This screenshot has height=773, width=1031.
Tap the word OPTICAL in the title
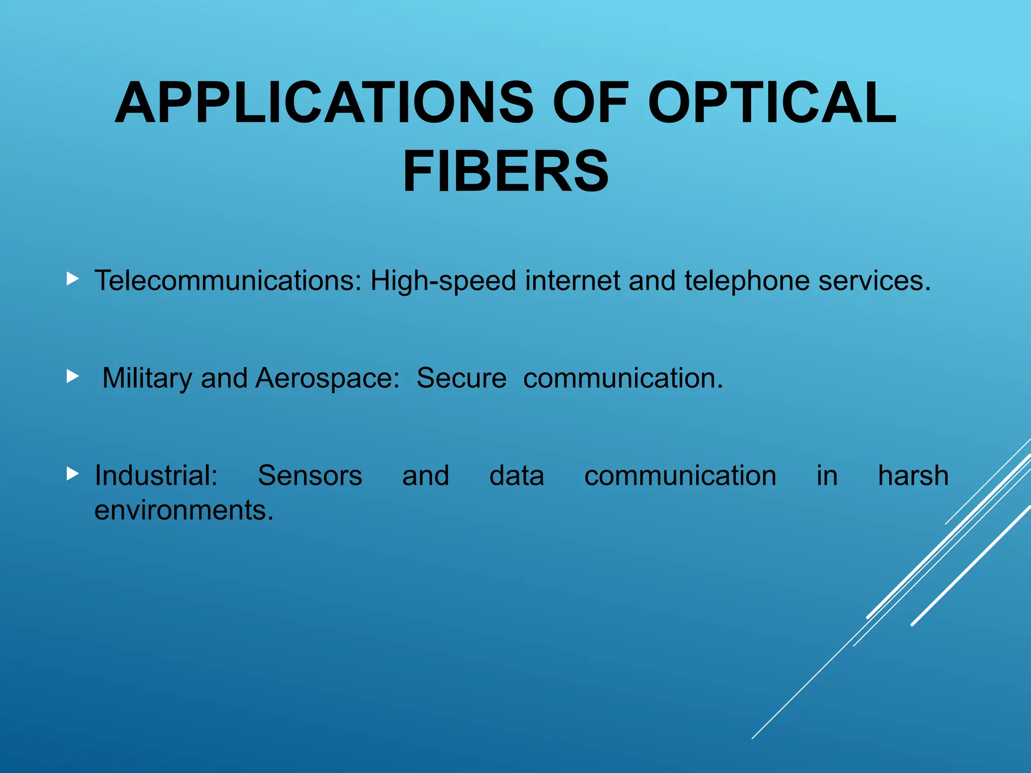[x=772, y=103]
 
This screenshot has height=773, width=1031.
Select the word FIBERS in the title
[x=505, y=172]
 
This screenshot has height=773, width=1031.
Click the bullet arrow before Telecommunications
[x=72, y=278]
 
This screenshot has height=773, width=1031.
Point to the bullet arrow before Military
[x=72, y=376]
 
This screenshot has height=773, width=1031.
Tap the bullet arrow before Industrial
[x=72, y=473]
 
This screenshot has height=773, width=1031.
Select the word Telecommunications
[x=228, y=280]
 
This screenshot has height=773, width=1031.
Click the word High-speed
[x=443, y=281]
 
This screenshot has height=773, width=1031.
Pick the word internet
[x=572, y=280]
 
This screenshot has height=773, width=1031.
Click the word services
[x=874, y=280]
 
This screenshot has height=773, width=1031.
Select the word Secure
[x=461, y=378]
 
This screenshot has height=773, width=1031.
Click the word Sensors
[x=310, y=476]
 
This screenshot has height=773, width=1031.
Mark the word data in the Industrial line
[x=517, y=476]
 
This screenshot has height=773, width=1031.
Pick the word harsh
[x=913, y=476]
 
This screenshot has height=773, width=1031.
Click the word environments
[x=184, y=510]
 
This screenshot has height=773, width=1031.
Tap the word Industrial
[x=156, y=476]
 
